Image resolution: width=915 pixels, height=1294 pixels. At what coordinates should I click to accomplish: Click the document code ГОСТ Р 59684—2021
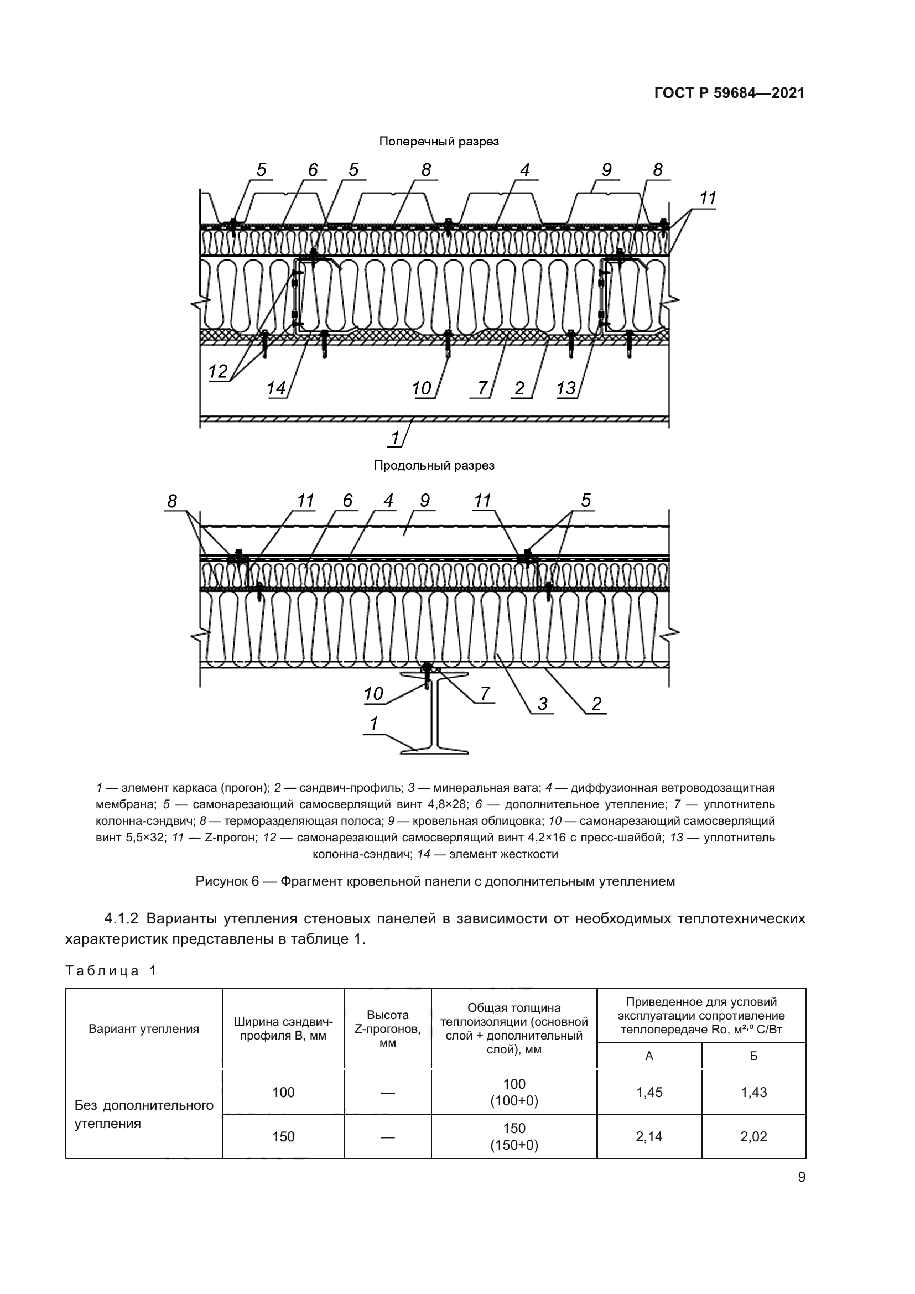(729, 93)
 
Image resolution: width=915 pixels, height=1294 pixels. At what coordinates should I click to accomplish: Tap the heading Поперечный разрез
(438, 142)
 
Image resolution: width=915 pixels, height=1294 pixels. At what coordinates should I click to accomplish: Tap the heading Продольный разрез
(434, 465)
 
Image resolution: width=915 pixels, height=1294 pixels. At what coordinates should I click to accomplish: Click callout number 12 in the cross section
(217, 371)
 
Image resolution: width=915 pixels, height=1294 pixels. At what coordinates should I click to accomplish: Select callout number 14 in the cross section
(275, 388)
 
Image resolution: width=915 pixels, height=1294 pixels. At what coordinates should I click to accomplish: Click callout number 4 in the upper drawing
(524, 170)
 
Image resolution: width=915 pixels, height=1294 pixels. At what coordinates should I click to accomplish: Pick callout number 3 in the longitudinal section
(542, 703)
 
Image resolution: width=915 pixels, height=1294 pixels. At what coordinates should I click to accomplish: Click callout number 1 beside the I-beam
(373, 724)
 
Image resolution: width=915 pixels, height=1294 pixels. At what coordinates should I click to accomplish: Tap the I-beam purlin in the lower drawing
(434, 713)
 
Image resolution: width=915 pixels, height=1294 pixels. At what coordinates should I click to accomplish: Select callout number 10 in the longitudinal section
(373, 694)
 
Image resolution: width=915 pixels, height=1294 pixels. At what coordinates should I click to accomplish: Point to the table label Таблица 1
(111, 970)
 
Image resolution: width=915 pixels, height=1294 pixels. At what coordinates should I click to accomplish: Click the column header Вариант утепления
(144, 1029)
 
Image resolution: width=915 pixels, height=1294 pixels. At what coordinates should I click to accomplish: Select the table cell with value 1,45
(649, 1092)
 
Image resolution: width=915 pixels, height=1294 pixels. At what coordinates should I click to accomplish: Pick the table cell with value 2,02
(753, 1136)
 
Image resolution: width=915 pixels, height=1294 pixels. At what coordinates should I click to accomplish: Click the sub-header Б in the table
(753, 1056)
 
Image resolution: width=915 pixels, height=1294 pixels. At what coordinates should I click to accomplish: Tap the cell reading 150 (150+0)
(514, 1136)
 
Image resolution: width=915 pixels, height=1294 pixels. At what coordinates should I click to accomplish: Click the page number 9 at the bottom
(801, 1177)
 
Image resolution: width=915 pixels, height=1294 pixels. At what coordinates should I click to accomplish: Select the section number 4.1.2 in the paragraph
(121, 919)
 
